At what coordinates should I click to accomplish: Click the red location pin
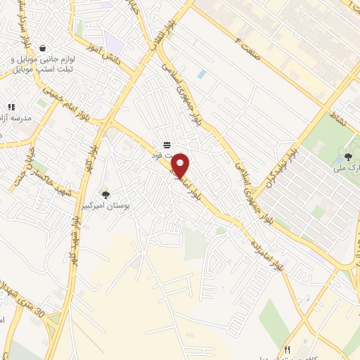coord(181,167)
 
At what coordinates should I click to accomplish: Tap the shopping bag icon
coord(44,49)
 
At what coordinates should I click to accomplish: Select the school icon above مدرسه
coord(11,107)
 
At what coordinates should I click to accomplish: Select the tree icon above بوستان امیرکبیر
coord(105,195)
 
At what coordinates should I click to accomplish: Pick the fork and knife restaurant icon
coord(286,349)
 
